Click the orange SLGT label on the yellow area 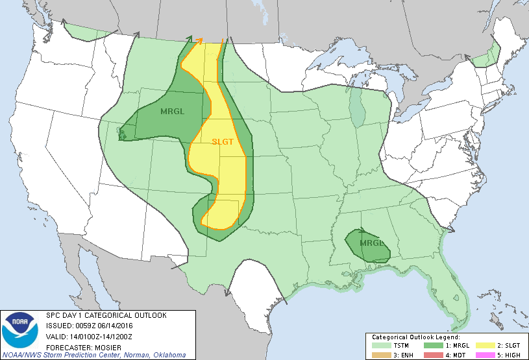pyautogui.click(x=223, y=142)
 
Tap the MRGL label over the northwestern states pyautogui.click(x=173, y=111)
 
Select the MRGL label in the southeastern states pyautogui.click(x=373, y=243)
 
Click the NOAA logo pyautogui.click(x=19, y=330)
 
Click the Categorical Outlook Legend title pyautogui.click(x=415, y=337)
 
